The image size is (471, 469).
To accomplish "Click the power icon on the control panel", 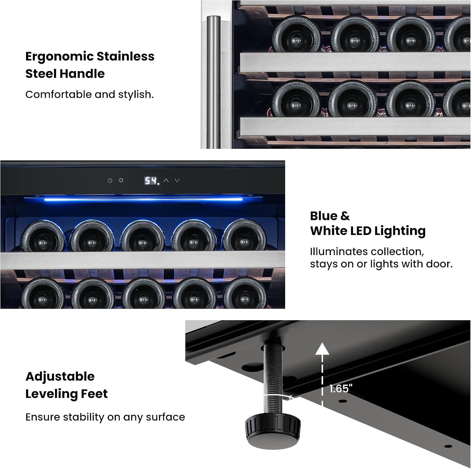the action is [x=110, y=181].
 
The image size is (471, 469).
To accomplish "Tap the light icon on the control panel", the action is [x=121, y=180].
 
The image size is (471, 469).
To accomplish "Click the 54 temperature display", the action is [x=151, y=181].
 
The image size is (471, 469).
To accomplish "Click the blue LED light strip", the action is [x=143, y=199].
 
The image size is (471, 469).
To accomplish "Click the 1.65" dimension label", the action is [x=341, y=388].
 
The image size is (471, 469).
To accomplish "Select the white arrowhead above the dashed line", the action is [x=322, y=349].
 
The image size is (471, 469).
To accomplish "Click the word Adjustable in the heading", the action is [x=60, y=377].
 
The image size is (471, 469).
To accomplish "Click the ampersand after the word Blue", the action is [x=345, y=216].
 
